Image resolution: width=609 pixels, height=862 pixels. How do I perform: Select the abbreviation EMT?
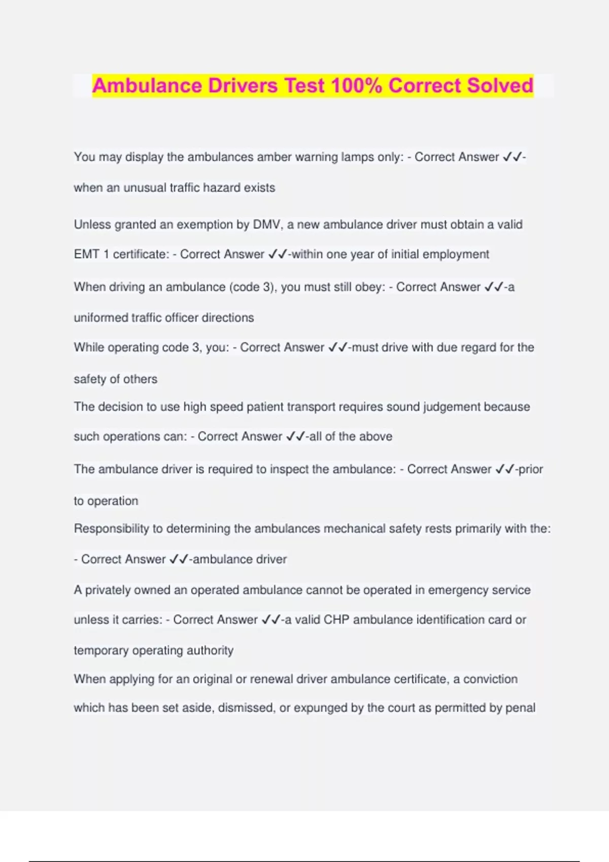(86, 255)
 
